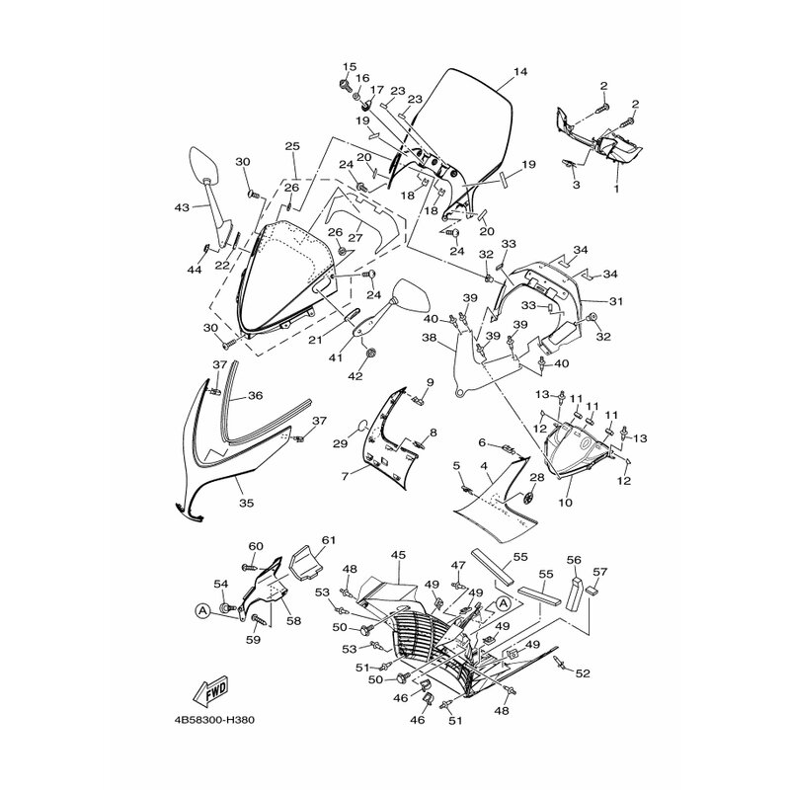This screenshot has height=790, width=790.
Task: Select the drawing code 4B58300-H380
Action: click(x=214, y=720)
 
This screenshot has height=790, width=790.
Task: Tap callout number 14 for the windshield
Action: click(x=520, y=71)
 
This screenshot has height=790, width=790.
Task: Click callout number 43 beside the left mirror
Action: click(x=182, y=207)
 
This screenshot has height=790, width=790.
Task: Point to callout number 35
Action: click(x=247, y=503)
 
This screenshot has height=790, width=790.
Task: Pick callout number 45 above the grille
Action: click(x=398, y=555)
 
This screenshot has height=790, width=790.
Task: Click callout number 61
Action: click(x=329, y=540)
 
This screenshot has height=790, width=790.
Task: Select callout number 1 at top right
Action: click(x=616, y=189)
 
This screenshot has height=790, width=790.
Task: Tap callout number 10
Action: click(x=565, y=503)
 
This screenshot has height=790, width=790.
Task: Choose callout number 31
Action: click(x=616, y=301)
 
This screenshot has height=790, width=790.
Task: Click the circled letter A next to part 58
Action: click(x=202, y=611)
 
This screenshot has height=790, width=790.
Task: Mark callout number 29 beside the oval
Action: click(x=341, y=443)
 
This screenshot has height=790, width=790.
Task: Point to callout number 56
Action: click(x=574, y=560)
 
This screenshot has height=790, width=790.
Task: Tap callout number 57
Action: click(x=600, y=572)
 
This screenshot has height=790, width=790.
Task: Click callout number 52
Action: click(x=583, y=673)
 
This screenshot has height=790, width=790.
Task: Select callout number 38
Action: click(x=429, y=339)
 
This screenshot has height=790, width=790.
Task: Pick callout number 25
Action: click(x=292, y=146)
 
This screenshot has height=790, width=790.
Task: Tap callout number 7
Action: click(x=345, y=476)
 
